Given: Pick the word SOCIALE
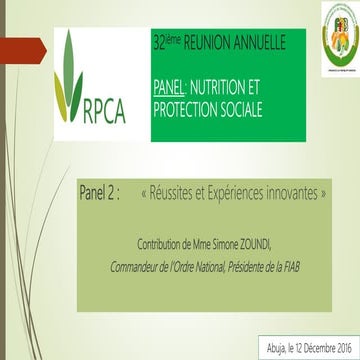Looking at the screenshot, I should pos(251,108).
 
